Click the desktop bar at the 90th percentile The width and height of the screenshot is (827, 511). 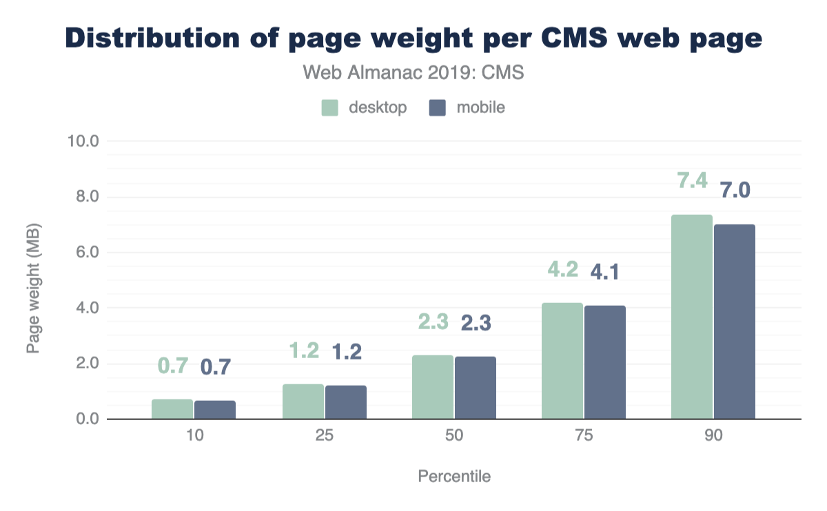(692, 317)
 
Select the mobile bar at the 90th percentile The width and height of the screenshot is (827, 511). (735, 322)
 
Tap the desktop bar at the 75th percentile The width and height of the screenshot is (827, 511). (562, 361)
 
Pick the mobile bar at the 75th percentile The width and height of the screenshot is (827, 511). (605, 362)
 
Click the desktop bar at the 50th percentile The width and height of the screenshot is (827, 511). (433, 387)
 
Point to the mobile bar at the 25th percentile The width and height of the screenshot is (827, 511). (346, 402)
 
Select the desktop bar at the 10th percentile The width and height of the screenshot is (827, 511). (172, 409)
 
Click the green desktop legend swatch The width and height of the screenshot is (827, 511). (330, 108)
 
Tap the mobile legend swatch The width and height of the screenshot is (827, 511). (437, 108)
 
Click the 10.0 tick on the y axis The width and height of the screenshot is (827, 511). (83, 142)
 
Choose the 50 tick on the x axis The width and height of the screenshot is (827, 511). (453, 436)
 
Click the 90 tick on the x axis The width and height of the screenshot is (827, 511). (713, 436)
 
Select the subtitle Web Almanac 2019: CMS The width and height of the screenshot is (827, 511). (413, 72)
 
